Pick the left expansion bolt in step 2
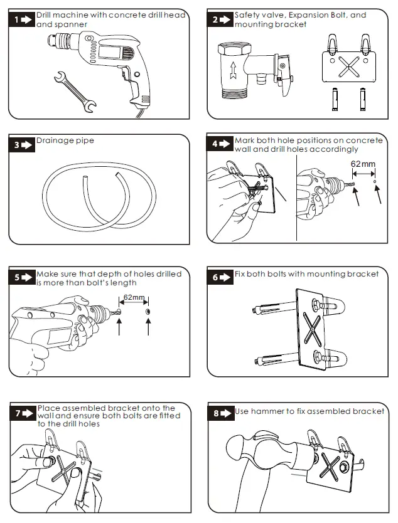(335, 99)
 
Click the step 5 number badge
(22, 278)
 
